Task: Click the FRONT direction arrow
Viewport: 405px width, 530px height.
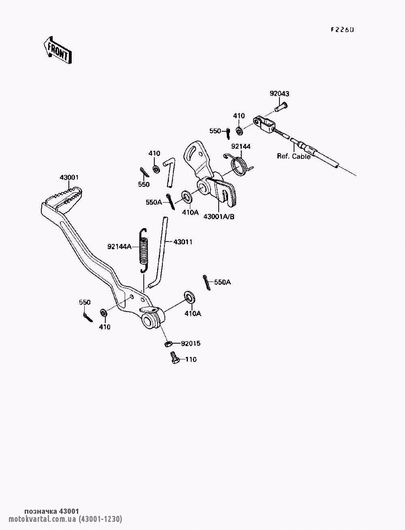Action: pos(58,51)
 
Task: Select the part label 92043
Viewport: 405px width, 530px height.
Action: pos(279,94)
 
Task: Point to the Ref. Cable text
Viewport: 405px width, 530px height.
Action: pos(294,156)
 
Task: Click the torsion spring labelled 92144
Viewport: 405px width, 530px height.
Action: pos(239,165)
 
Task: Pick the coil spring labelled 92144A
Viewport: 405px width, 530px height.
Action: pos(144,250)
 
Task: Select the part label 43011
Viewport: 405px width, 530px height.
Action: pos(183,241)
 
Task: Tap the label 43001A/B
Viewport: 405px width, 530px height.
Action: pos(219,217)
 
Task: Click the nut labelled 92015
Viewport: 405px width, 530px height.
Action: pos(168,343)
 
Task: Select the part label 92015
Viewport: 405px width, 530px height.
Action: pos(191,343)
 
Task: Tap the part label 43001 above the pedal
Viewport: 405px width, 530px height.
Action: pos(69,177)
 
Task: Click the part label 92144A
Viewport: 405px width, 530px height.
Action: pos(119,246)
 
